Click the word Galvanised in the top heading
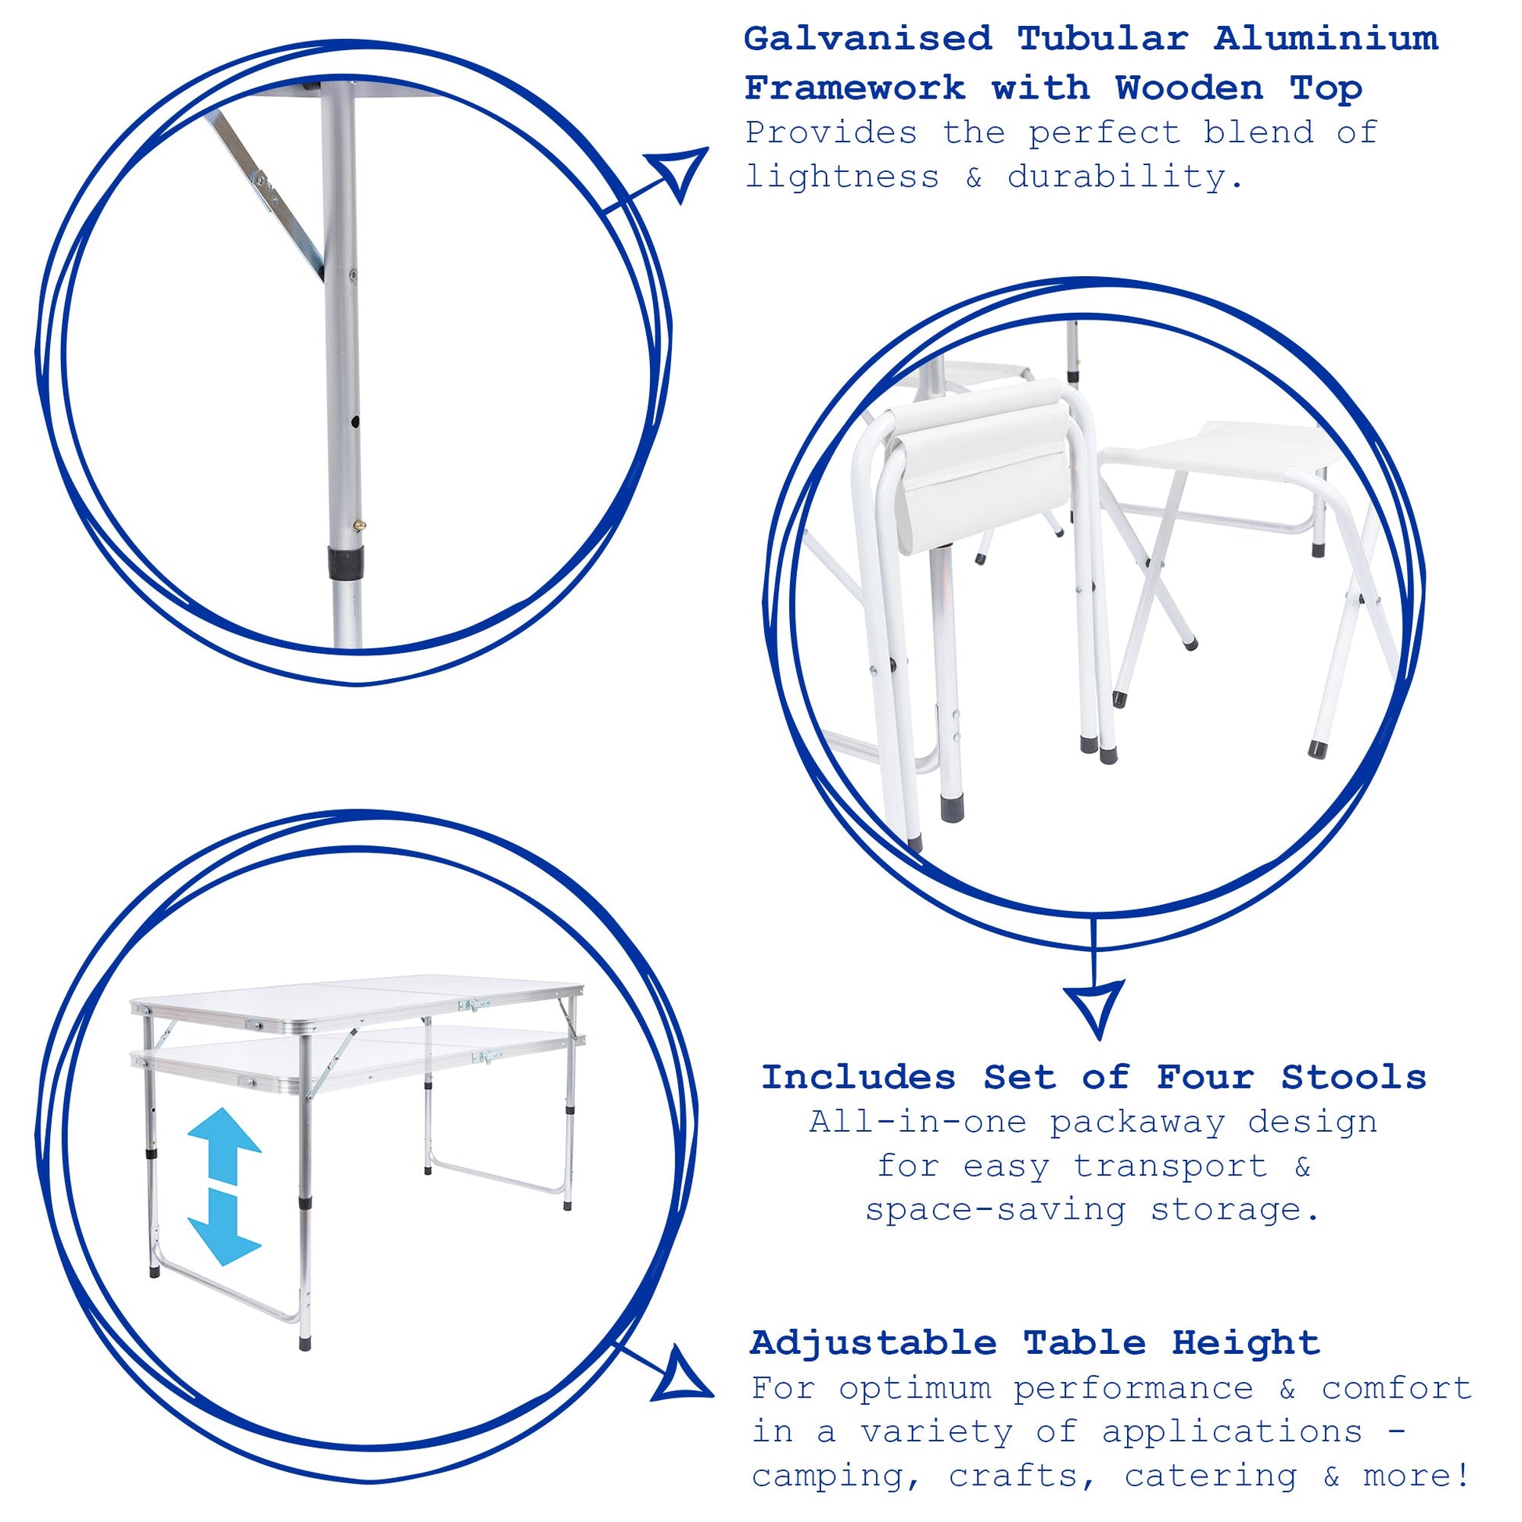[x=867, y=38]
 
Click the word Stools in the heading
[x=1353, y=1078]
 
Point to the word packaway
[x=1136, y=1123]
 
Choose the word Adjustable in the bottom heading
[x=873, y=1343]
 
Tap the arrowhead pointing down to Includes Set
[x=1094, y=1009]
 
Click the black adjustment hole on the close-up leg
[x=355, y=423]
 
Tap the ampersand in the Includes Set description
[x=1302, y=1168]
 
